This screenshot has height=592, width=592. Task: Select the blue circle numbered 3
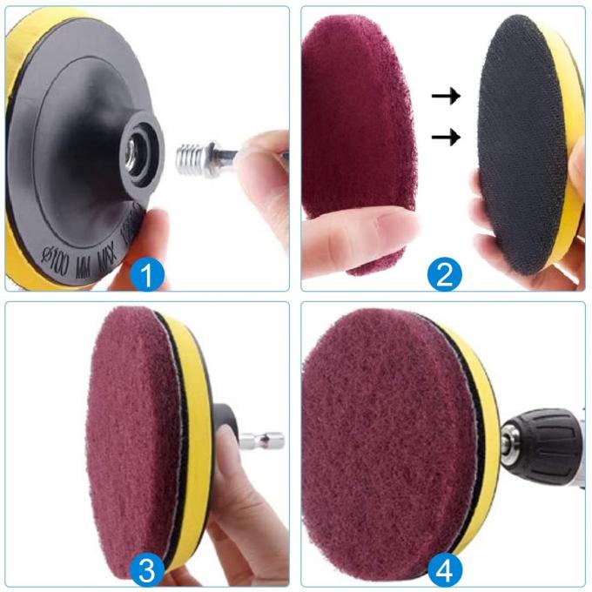147,570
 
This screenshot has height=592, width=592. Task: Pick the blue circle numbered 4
444,570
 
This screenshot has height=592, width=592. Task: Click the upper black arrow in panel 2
446,97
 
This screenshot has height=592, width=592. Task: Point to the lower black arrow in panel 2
446,136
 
